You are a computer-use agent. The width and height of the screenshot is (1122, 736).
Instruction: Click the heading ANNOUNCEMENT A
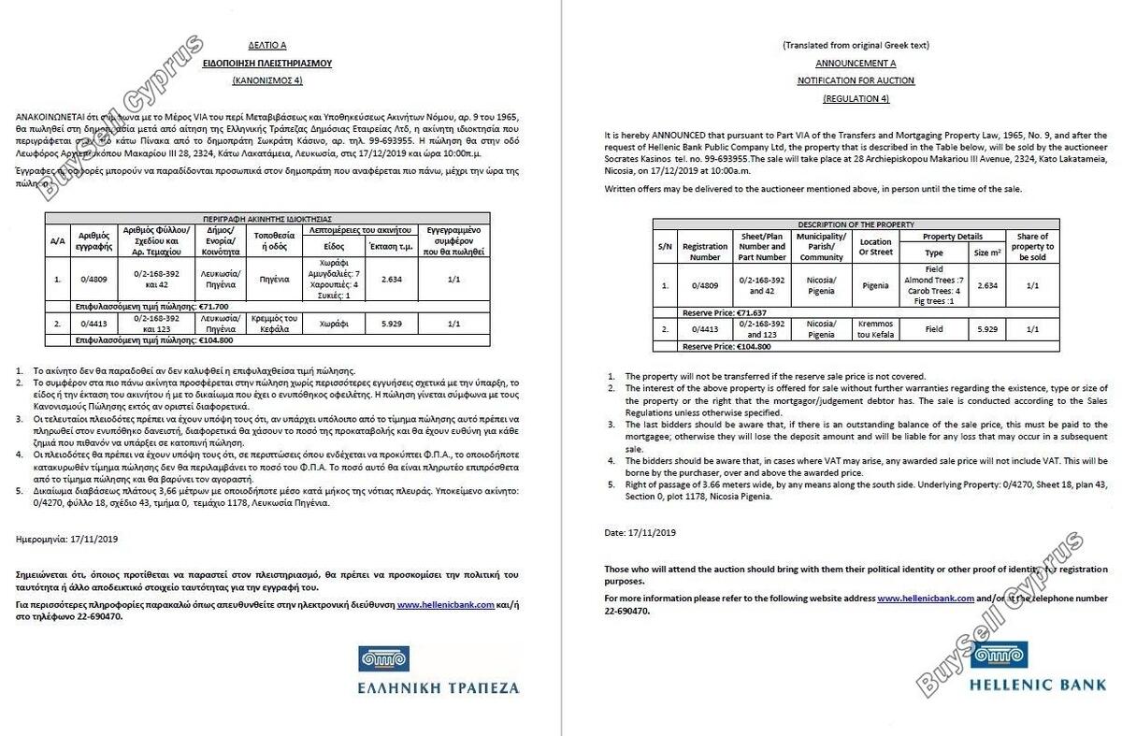856,64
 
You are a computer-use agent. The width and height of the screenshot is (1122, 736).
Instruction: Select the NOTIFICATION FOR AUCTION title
856,81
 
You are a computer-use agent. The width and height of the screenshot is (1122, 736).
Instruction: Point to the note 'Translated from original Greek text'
856,46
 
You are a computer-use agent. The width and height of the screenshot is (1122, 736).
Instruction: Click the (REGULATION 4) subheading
856,98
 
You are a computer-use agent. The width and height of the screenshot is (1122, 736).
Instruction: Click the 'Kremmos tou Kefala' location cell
875,328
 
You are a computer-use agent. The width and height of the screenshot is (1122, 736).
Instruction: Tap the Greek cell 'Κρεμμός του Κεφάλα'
273,323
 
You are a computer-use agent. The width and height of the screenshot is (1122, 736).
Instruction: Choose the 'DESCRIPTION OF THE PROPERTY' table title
856,224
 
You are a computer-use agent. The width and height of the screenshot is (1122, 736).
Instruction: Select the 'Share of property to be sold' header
1032,247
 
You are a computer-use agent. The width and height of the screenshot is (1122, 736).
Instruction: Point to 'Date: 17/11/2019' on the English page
640,532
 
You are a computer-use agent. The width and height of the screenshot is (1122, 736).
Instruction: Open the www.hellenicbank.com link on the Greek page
445,605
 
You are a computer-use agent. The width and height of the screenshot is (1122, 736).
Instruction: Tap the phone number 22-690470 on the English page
627,611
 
